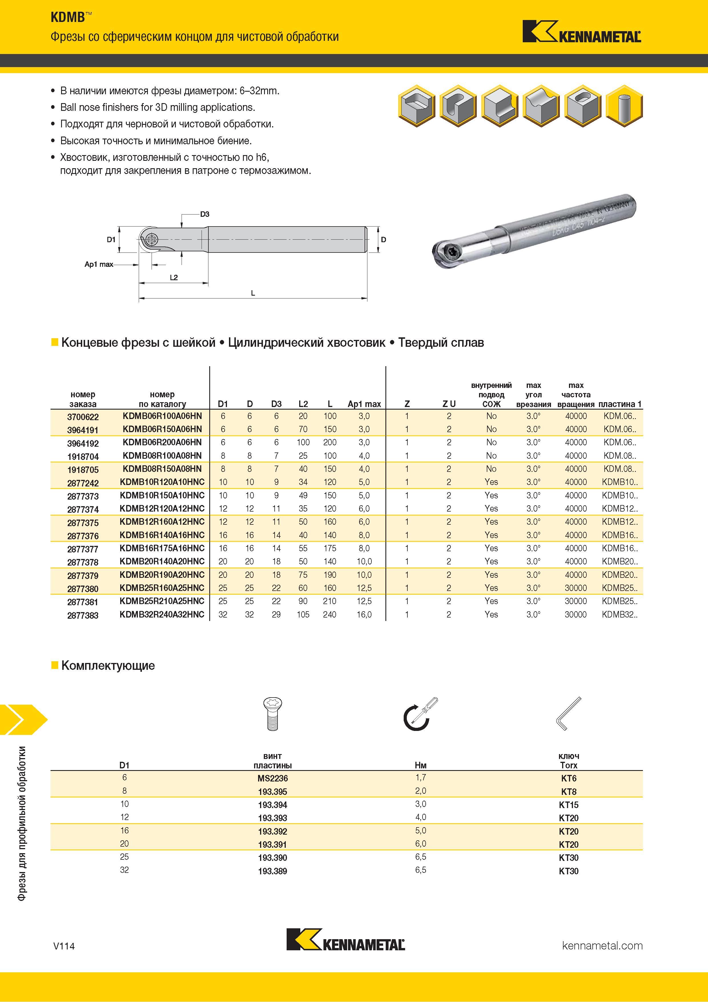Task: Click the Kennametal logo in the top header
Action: pos(582,31)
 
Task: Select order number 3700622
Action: pos(83,417)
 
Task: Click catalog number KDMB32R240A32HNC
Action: pos(162,614)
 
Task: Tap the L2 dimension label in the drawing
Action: pos(174,277)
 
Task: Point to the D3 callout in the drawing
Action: pos(205,214)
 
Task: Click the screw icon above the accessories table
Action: pos(272,714)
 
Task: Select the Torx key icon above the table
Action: pos(569,713)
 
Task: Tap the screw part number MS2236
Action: pos(273,778)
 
